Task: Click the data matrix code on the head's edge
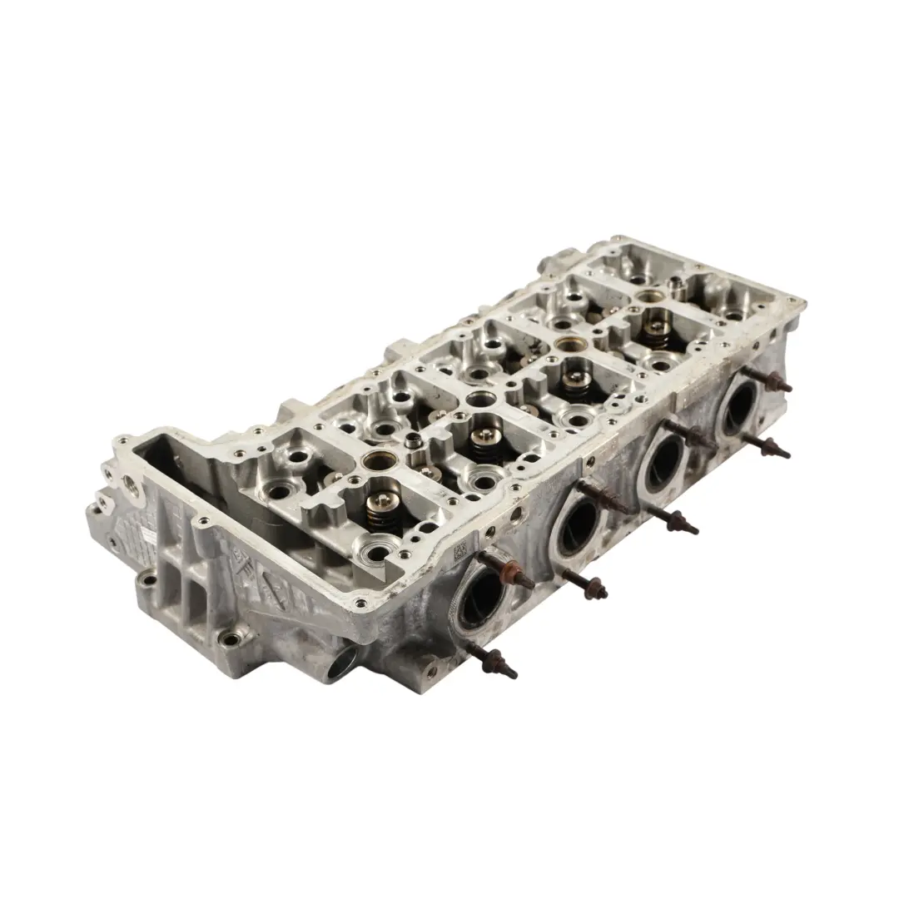(x=459, y=552)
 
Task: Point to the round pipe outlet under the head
(x=343, y=662)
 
